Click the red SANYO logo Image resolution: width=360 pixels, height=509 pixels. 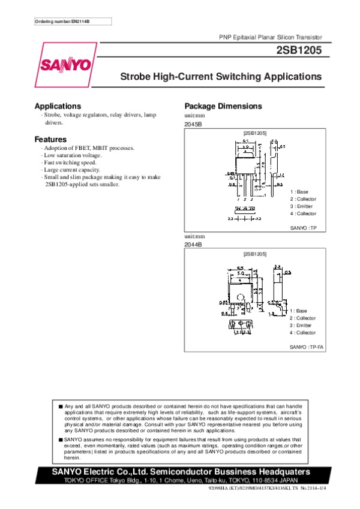pyautogui.click(x=66, y=64)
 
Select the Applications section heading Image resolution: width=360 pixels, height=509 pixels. pyautogui.click(x=58, y=106)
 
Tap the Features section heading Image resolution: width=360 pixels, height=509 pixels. pyautogui.click(x=50, y=139)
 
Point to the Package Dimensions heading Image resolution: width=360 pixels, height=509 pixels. pyautogui.click(x=223, y=106)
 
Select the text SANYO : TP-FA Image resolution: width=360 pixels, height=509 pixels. pyautogui.click(x=307, y=347)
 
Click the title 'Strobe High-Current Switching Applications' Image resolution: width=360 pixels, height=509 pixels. pyautogui.click(x=221, y=77)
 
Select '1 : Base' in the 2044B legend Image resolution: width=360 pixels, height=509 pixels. pyautogui.click(x=298, y=311)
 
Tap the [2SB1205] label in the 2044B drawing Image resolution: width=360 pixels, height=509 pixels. pyautogui.click(x=255, y=254)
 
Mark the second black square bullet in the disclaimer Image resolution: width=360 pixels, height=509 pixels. pyautogui.click(x=61, y=439)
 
